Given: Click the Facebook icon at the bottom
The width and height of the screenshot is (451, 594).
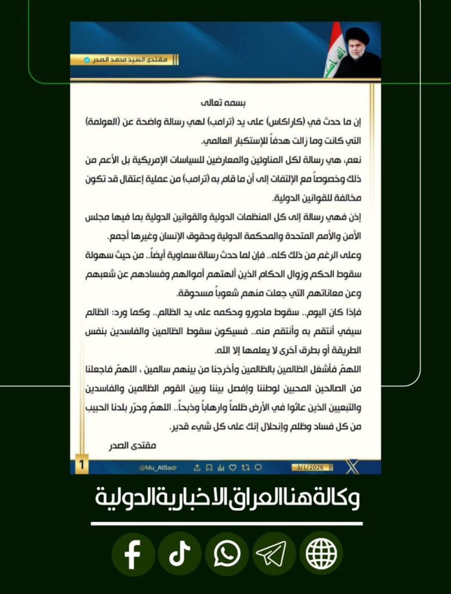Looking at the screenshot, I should (133, 554).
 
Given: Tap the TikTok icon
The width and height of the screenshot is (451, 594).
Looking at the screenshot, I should (180, 554).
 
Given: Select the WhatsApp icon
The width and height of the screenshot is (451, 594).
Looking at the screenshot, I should (227, 554).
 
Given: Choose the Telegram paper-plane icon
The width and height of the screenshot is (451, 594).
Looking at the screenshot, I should (274, 554).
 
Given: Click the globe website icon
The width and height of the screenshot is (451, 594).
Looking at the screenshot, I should (321, 554).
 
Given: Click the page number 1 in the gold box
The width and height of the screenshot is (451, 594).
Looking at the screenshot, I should (82, 465).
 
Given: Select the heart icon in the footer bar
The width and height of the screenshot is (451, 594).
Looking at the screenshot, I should (233, 467).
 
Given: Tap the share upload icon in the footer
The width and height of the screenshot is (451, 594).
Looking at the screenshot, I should (197, 467).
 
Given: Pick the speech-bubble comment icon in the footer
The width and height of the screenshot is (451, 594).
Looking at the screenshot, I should (259, 467).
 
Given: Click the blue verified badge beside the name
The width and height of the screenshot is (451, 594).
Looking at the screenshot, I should (87, 60).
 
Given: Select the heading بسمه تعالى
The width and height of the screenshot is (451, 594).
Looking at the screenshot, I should (224, 104).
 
